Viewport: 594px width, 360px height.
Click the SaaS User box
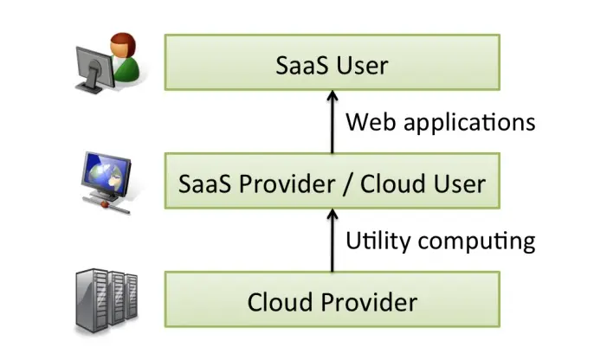[x=332, y=62]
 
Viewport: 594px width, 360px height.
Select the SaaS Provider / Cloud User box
[x=332, y=183]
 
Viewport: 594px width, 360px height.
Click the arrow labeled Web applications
[x=333, y=122]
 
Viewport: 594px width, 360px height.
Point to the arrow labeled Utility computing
[x=333, y=242]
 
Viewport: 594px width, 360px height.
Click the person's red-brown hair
[x=120, y=42]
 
